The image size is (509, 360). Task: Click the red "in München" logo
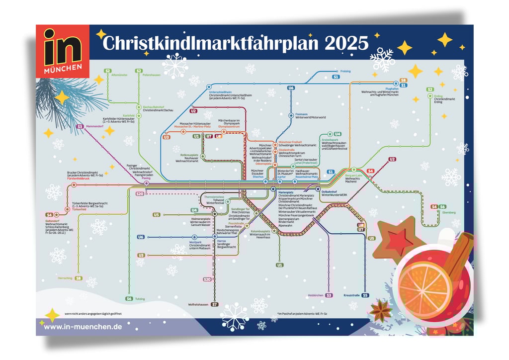pyautogui.click(x=63, y=51)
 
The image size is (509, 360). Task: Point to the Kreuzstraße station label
pyautogui.click(x=351, y=295)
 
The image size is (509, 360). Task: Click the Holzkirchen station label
pyautogui.click(x=316, y=295)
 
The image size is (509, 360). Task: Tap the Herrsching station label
pyautogui.click(x=65, y=278)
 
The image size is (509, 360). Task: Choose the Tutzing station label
pyautogui.click(x=140, y=299)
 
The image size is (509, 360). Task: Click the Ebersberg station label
pyautogui.click(x=448, y=213)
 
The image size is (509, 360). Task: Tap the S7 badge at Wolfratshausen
pyautogui.click(x=215, y=304)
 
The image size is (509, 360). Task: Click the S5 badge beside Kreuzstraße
pyautogui.click(x=365, y=295)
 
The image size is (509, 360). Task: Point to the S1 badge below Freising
pyautogui.click(x=336, y=78)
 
